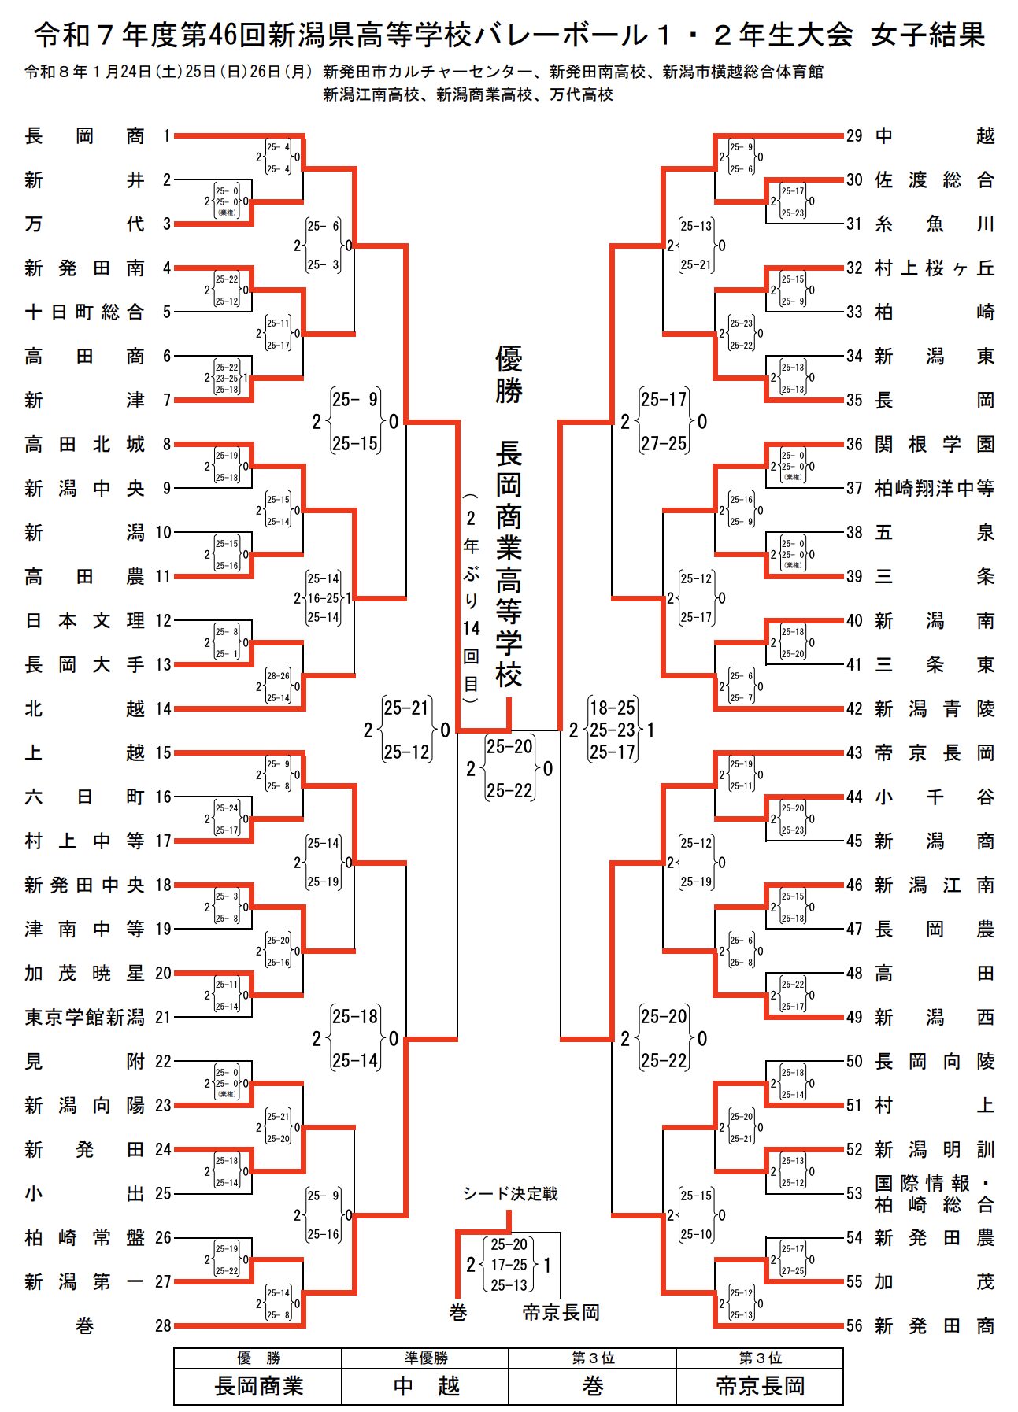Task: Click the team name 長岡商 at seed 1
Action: tap(84, 136)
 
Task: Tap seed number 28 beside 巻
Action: tap(163, 1325)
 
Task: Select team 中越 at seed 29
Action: tap(935, 136)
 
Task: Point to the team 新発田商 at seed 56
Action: tap(935, 1325)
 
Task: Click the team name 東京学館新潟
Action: tap(84, 1017)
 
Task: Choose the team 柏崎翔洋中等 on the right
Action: tap(935, 489)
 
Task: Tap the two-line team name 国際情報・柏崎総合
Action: tap(935, 1194)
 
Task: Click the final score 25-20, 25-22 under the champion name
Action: tap(509, 768)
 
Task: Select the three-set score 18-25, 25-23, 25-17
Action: tap(613, 730)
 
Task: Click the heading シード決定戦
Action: tap(509, 1194)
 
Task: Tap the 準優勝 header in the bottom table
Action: tap(425, 1358)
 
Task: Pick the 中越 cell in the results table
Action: tap(425, 1386)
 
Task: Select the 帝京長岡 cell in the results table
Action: tap(760, 1386)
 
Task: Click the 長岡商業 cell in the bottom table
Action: tap(258, 1386)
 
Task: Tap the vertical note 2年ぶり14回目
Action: tap(471, 598)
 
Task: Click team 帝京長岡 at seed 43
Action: tap(935, 753)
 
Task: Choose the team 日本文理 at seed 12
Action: tap(84, 621)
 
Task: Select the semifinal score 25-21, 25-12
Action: tap(406, 730)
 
